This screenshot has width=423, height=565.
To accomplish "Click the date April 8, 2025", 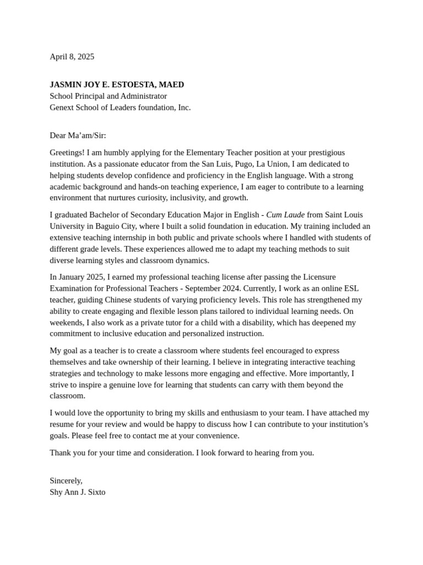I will pyautogui.click(x=72, y=56).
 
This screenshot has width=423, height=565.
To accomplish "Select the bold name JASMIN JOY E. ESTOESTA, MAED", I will pyautogui.click(x=117, y=84).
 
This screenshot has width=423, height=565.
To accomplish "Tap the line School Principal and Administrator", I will pyautogui.click(x=108, y=96).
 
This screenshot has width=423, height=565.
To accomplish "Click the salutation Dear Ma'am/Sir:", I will pyautogui.click(x=78, y=135).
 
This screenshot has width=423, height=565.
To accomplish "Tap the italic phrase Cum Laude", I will pyautogui.click(x=285, y=215).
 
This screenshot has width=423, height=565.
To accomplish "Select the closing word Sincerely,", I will pyautogui.click(x=66, y=481).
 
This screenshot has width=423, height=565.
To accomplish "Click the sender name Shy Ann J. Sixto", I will pyautogui.click(x=77, y=492).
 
